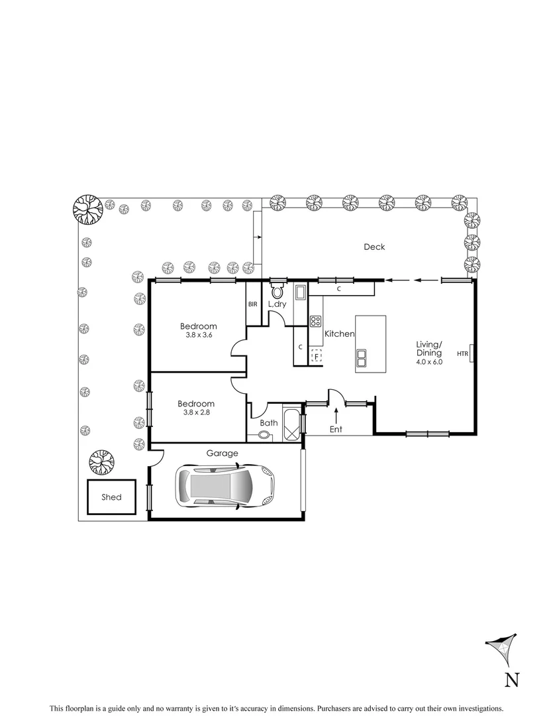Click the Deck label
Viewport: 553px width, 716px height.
coord(374,247)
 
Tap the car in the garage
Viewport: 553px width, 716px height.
coord(225,485)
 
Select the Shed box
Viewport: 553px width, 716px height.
coord(111,497)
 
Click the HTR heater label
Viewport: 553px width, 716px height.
coord(462,354)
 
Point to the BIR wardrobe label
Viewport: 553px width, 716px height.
coord(253,304)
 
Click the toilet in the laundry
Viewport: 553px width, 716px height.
coord(277,291)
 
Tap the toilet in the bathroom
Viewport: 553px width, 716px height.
coord(264,436)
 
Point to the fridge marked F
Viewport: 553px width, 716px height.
coord(317,357)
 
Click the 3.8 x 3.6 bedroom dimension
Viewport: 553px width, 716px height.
coord(199,336)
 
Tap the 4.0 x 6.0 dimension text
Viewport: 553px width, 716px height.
coord(428,362)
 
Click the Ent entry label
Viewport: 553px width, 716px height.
coord(336,430)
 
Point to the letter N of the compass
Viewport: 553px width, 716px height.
coord(512,680)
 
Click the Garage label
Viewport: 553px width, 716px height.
coord(222,453)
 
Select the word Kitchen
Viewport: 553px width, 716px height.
coord(339,334)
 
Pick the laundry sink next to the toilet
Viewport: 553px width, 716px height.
coord(299,291)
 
